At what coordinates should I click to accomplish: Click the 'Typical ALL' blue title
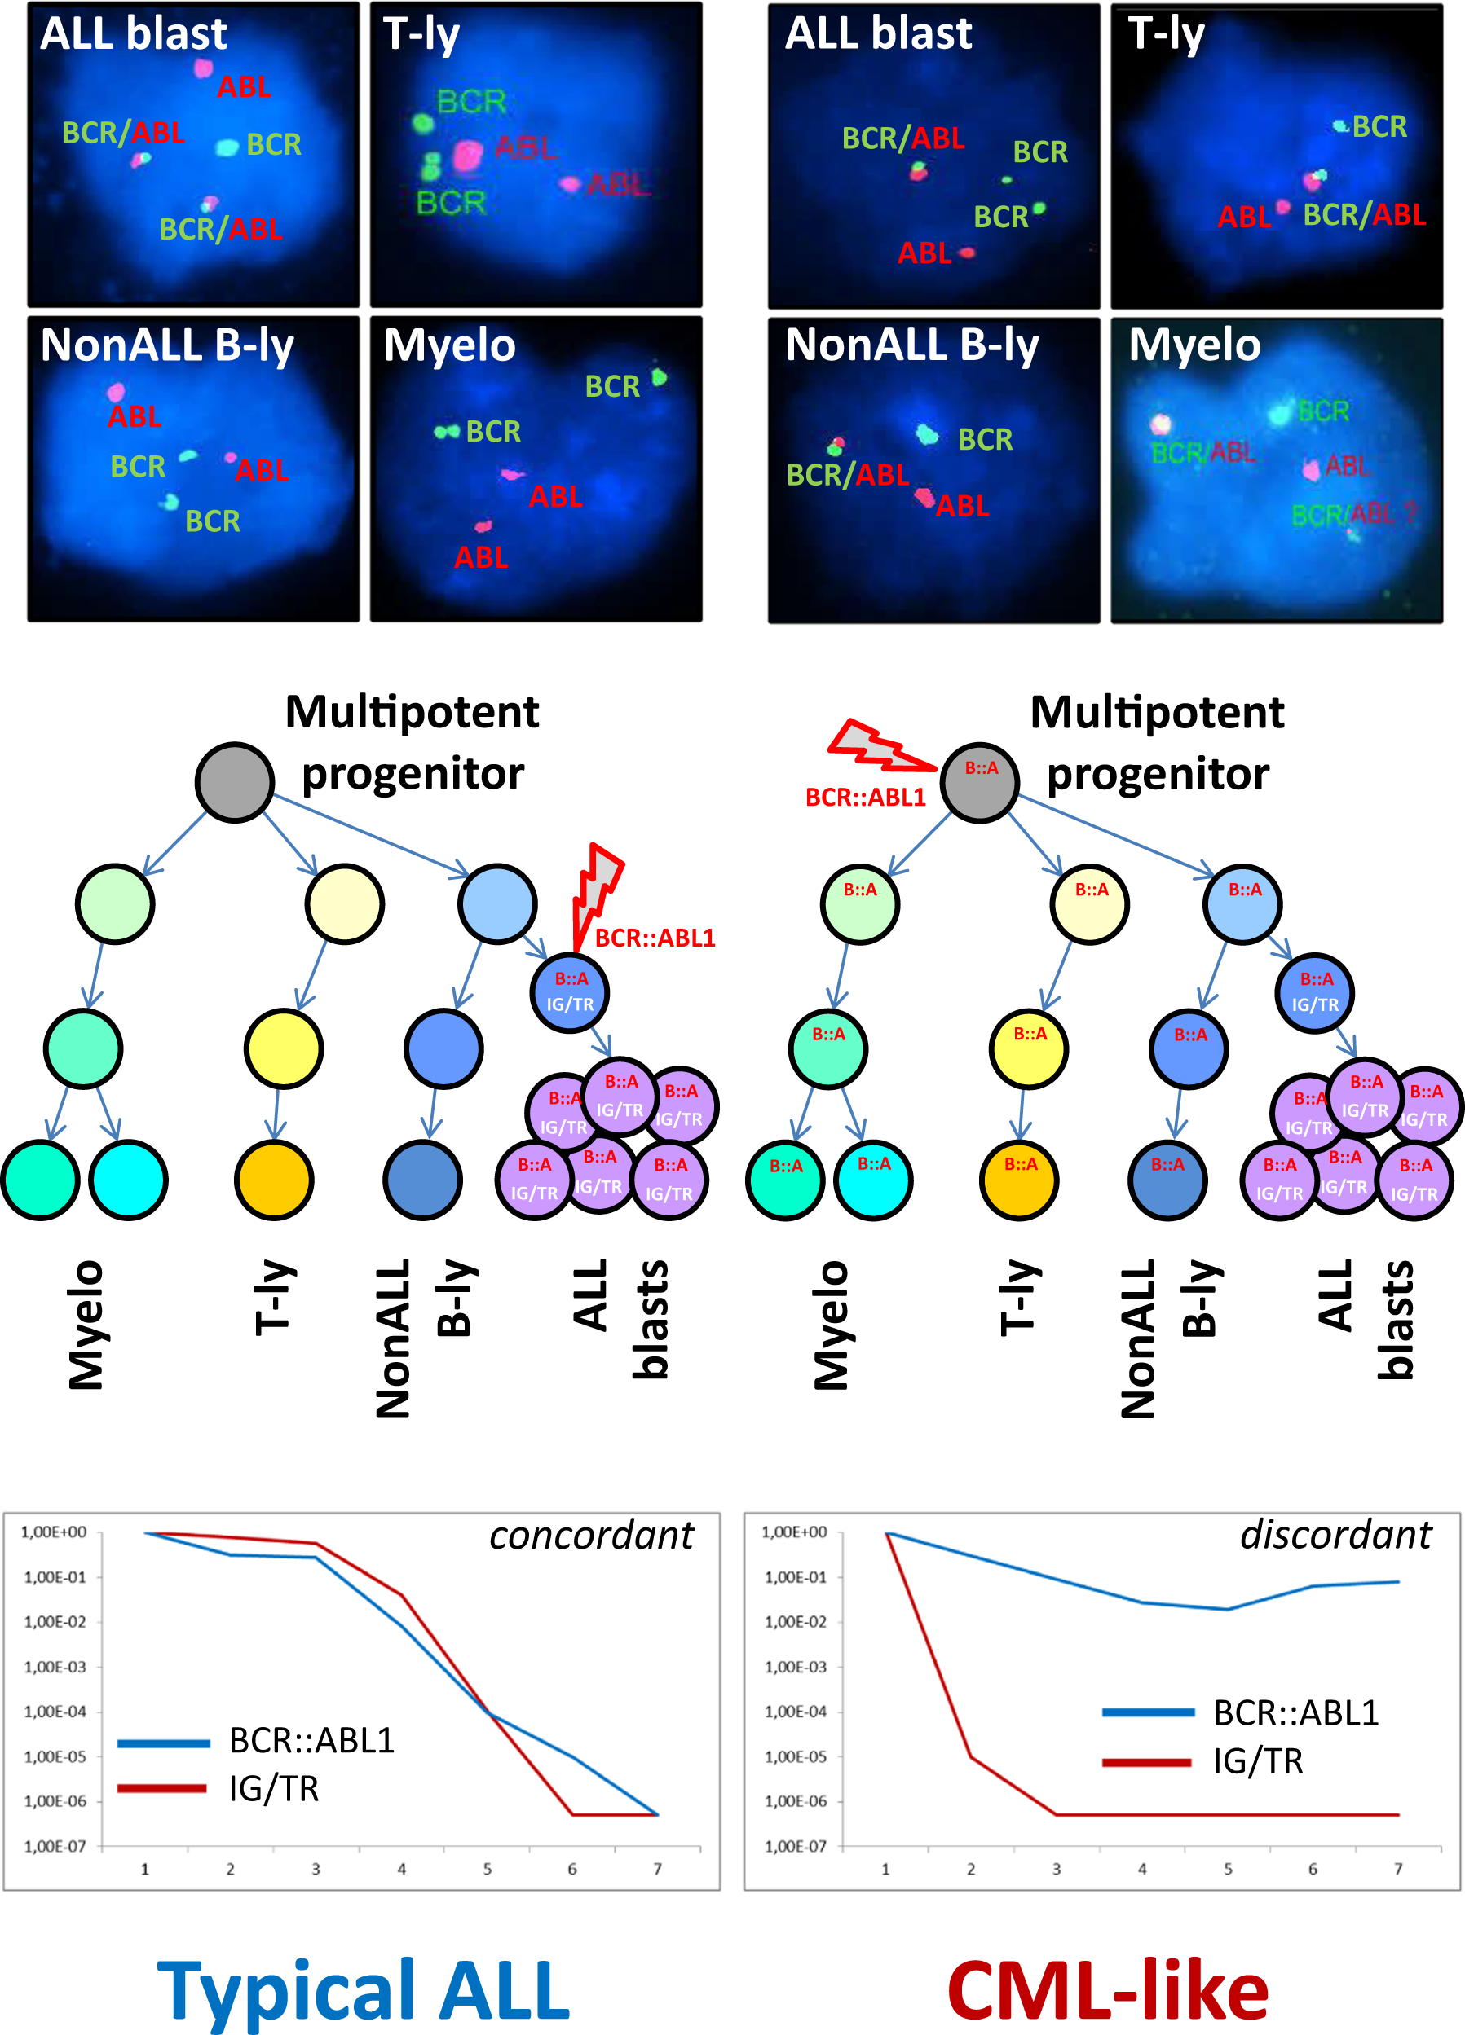[x=364, y=1990]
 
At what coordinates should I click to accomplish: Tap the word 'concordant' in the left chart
[x=591, y=1536]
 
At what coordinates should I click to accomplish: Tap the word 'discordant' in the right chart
[x=1335, y=1536]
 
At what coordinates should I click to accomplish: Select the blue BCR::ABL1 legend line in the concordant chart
[x=163, y=1743]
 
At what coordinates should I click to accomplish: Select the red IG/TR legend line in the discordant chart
[x=1146, y=1762]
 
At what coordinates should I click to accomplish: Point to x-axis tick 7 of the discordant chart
[x=1397, y=1868]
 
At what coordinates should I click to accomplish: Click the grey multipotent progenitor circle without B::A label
[x=234, y=781]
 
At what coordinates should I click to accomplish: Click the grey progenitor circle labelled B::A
[x=979, y=781]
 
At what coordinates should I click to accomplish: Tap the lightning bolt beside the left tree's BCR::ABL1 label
[x=594, y=893]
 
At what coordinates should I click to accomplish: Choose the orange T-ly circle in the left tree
[x=274, y=1179]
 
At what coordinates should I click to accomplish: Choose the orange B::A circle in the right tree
[x=1020, y=1179]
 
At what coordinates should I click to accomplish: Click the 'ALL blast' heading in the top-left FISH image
[x=133, y=34]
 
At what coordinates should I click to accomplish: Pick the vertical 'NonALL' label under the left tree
[x=393, y=1338]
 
